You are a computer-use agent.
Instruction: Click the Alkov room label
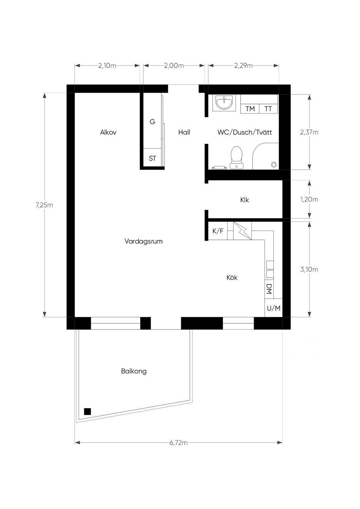(x=108, y=132)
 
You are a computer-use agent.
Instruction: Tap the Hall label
(x=184, y=132)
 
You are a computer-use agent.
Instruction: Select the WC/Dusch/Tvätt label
(x=245, y=132)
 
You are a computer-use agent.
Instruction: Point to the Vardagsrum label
(x=144, y=241)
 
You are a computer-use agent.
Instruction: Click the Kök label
(x=232, y=277)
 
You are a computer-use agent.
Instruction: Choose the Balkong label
(x=134, y=371)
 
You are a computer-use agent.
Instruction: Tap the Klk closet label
(x=245, y=200)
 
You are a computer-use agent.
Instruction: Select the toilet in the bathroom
(x=237, y=157)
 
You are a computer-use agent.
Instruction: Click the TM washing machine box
(x=250, y=109)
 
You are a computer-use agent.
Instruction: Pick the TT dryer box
(x=268, y=109)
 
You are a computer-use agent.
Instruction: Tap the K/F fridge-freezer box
(x=218, y=231)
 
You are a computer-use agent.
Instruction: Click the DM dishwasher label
(x=269, y=289)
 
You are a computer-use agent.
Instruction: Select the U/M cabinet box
(x=274, y=308)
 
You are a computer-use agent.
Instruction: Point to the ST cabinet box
(x=153, y=158)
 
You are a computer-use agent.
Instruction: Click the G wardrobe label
(x=152, y=122)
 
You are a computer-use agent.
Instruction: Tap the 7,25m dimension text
(x=44, y=205)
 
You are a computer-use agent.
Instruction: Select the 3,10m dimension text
(x=309, y=270)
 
